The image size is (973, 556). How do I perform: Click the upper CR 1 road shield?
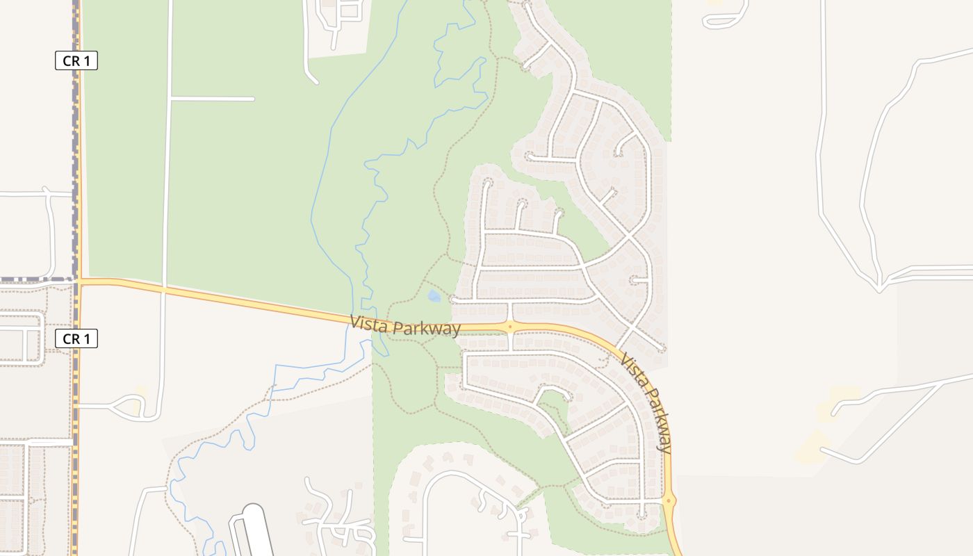coord(76,60)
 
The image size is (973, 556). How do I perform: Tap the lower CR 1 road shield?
coord(76,338)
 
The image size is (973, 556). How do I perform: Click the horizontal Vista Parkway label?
coord(405,325)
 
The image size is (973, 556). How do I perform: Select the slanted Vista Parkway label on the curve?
coord(647,404)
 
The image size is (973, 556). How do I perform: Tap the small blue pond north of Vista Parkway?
coord(434,297)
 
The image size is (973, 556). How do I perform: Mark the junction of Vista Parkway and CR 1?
coord(79,281)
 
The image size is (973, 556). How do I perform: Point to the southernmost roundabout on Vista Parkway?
coord(669,500)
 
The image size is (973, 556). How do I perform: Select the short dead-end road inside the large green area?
coord(212,99)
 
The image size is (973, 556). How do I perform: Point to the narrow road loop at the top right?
coord(726,17)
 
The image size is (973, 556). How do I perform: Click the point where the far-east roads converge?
coord(880,285)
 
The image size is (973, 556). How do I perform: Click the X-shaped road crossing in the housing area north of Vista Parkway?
coord(629,236)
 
